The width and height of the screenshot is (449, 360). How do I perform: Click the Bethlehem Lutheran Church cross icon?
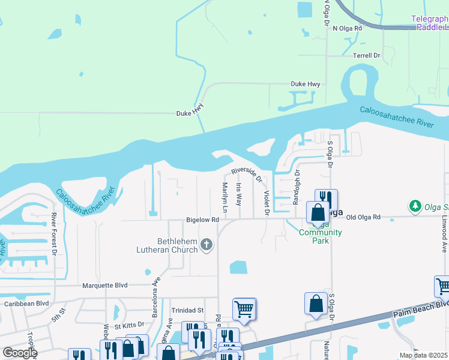pos(206,244)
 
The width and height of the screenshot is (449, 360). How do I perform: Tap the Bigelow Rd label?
pos(202,220)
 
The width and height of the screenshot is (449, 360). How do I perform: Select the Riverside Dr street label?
pos(247,175)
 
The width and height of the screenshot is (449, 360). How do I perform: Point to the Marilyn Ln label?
pos(225,198)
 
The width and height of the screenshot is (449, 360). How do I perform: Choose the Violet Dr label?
pos(266,203)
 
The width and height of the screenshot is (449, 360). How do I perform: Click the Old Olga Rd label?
pos(364,217)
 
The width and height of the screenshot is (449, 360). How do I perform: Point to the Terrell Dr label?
pos(367,55)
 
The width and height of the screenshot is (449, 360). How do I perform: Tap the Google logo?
pos(19,353)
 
